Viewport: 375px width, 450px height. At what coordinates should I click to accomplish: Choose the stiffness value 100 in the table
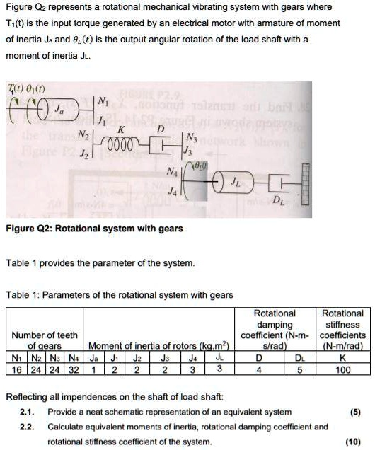pos(343,369)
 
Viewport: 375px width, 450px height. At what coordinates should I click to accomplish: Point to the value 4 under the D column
pos(258,369)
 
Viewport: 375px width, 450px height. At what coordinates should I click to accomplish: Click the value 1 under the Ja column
pos(94,369)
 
